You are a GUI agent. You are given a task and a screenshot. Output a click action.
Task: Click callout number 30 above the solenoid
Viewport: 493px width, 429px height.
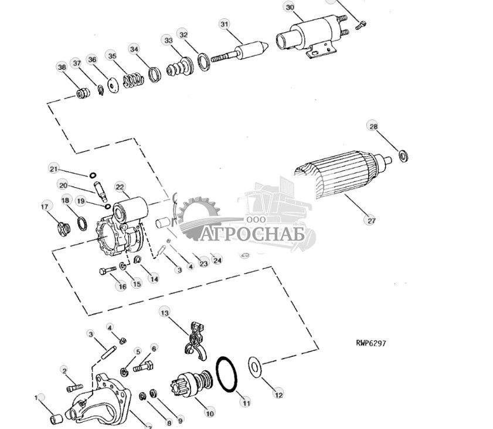[x=290, y=7]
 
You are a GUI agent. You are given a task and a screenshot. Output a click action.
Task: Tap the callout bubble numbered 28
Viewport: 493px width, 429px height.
[x=373, y=126]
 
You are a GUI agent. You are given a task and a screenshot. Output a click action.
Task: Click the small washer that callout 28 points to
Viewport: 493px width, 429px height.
[x=403, y=156]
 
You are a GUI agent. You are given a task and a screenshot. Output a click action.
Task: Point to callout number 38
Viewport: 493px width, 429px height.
[x=62, y=66]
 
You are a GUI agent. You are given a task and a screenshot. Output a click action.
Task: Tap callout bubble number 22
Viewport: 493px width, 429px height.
[x=120, y=187]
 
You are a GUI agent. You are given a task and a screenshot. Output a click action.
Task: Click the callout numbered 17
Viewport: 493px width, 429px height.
[x=45, y=206]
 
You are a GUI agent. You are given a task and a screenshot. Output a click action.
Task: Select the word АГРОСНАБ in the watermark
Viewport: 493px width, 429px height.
[x=254, y=234]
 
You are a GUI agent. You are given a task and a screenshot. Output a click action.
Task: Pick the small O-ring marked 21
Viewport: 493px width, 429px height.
[x=93, y=175]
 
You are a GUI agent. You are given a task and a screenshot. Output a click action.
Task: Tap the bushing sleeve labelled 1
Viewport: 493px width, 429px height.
[x=56, y=418]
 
